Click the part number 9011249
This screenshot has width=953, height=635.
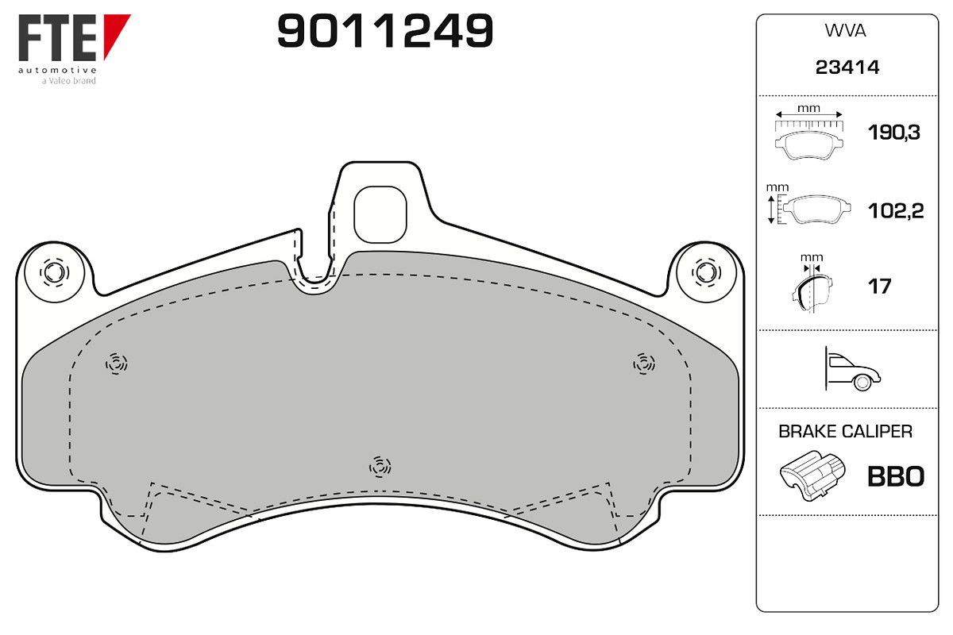385,31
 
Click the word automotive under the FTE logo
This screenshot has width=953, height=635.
57,70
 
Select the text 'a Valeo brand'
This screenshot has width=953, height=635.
68,81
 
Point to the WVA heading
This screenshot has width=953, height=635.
845,31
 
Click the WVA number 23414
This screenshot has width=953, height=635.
847,67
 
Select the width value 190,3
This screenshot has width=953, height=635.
894,133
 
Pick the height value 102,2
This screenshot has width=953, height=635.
896,211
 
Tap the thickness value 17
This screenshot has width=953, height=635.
879,287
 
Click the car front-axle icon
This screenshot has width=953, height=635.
852,369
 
